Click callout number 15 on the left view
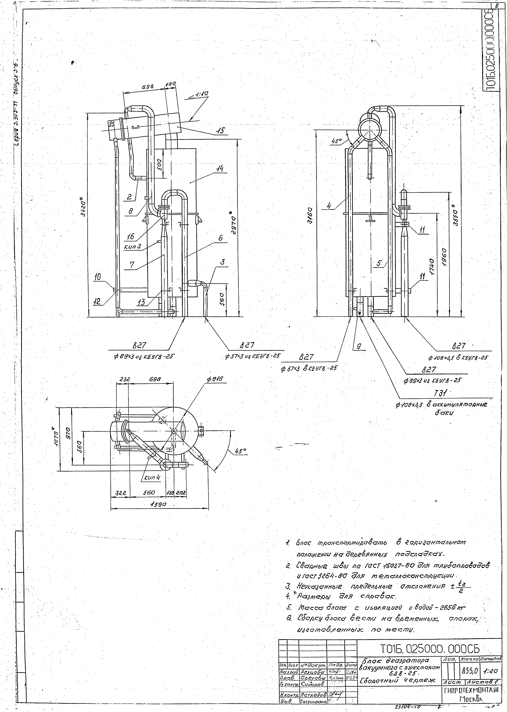(220, 131)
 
